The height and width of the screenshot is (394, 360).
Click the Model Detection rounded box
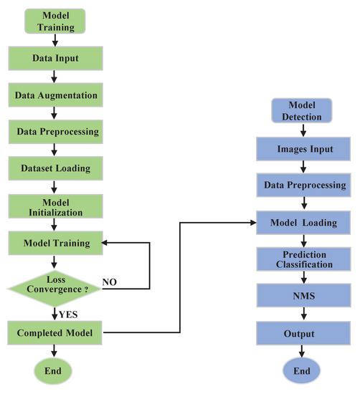click(x=302, y=110)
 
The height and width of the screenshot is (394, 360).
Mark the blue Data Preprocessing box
click(x=302, y=185)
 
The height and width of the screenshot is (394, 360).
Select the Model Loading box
click(x=302, y=223)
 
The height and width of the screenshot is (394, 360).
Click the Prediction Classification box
click(x=302, y=259)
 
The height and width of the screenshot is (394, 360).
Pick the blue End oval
click(x=302, y=371)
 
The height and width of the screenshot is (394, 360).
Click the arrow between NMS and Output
click(x=302, y=314)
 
